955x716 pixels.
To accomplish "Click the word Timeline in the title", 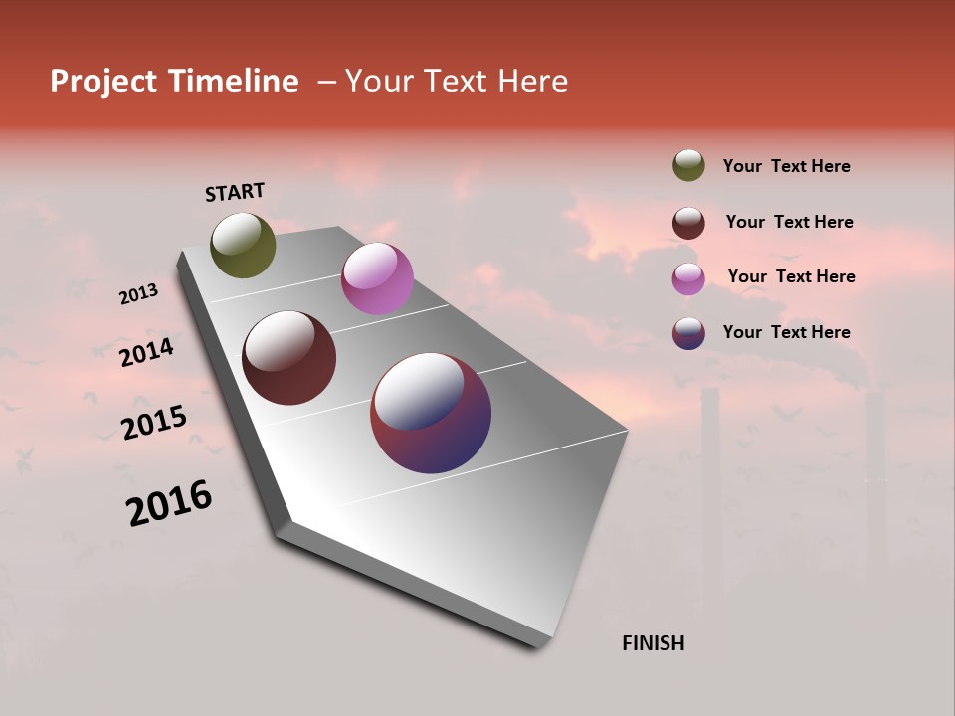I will coord(233,82).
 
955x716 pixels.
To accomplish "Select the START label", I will coord(235,192).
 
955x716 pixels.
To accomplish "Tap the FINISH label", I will coord(654,643).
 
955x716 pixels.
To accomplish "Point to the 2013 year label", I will coord(138,293).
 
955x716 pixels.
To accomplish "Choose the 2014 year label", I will coord(146,352).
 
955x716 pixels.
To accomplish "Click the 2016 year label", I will coord(169,503).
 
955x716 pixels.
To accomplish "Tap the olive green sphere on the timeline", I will coord(243,246).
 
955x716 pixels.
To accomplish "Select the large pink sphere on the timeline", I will coord(377,278).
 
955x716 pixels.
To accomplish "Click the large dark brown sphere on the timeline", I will coord(289,358).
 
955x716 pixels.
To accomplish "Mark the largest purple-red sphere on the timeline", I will coord(431,413).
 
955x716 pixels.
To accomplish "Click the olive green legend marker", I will coord(688,165).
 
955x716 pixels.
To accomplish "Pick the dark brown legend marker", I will coord(688,223).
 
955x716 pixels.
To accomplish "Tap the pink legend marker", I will coord(688,278).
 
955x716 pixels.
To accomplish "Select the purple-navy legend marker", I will coord(688,333).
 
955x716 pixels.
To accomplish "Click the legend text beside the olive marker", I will coord(787,166).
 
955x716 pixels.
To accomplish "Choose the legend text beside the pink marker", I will coord(792,276).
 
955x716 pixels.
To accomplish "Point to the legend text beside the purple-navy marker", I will coord(787,332).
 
